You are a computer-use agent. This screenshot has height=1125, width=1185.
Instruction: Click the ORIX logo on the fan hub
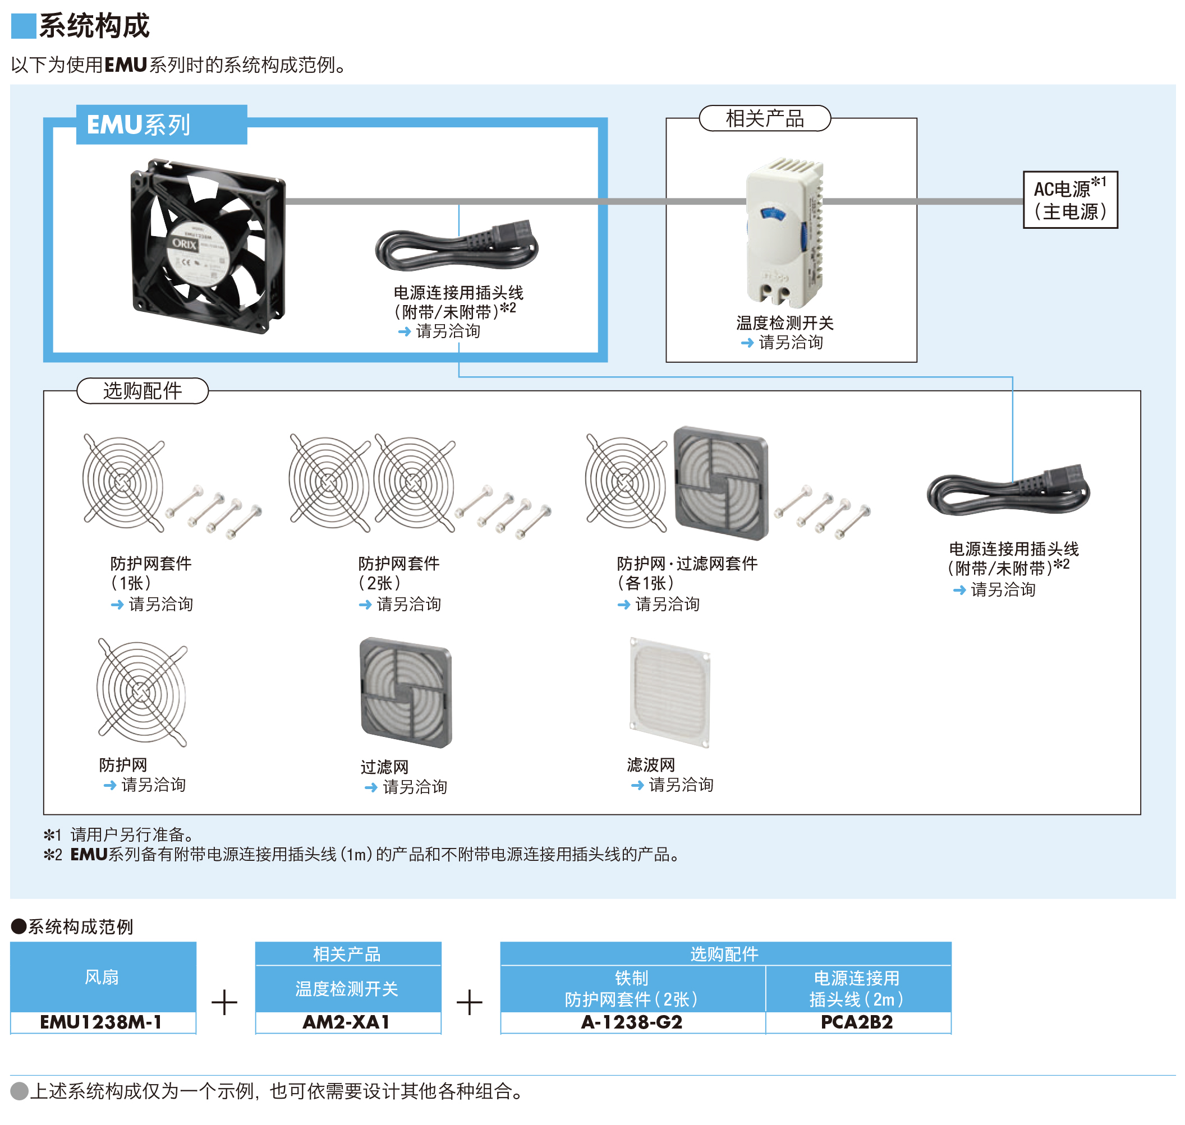[x=184, y=243]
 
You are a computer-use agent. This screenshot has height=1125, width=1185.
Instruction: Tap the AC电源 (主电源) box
[x=1070, y=200]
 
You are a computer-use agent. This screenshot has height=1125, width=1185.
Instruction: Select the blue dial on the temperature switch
[x=773, y=214]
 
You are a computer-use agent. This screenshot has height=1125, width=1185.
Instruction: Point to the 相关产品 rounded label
[x=764, y=118]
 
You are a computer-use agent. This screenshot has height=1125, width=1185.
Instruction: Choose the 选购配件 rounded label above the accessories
[x=142, y=390]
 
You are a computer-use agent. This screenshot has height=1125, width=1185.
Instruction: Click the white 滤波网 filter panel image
[x=669, y=693]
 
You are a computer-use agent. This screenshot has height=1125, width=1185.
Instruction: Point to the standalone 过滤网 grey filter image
[x=406, y=693]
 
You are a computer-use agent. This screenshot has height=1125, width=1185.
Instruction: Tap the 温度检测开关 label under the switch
[x=785, y=323]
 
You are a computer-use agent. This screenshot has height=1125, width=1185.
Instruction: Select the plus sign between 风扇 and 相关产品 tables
[x=224, y=1002]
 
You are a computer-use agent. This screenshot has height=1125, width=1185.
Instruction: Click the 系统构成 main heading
[x=94, y=26]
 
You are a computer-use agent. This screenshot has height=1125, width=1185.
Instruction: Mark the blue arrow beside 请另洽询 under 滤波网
[x=637, y=785]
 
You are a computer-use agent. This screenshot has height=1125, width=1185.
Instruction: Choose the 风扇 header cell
[x=102, y=977]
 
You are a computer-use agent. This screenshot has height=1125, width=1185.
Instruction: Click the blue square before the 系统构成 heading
[x=24, y=26]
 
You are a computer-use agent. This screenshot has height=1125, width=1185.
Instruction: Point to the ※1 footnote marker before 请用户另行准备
[x=53, y=834]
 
